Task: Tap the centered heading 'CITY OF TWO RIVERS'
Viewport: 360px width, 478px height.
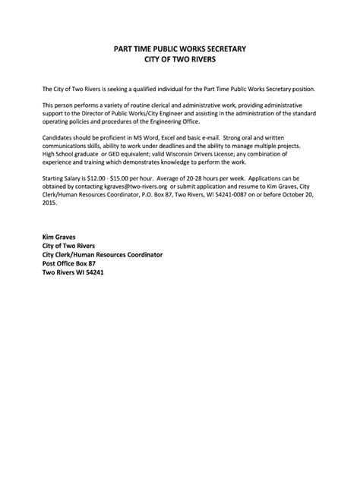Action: coord(180,58)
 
